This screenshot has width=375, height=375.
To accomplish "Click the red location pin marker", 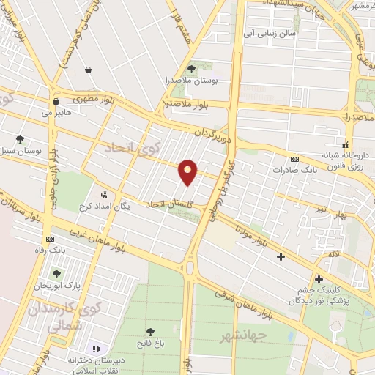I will pyautogui.click(x=188, y=171).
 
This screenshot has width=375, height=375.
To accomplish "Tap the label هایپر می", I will pyautogui.click(x=58, y=114).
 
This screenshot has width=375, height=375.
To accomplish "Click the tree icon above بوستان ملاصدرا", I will pyautogui.click(x=191, y=64).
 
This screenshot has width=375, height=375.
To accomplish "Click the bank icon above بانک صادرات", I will pyautogui.click(x=294, y=159).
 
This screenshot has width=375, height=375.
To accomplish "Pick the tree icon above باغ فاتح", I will pyautogui.click(x=150, y=331).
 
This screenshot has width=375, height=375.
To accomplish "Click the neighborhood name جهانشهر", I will pyautogui.click(x=241, y=336).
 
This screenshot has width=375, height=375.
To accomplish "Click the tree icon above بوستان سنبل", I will pyautogui.click(x=19, y=139).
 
